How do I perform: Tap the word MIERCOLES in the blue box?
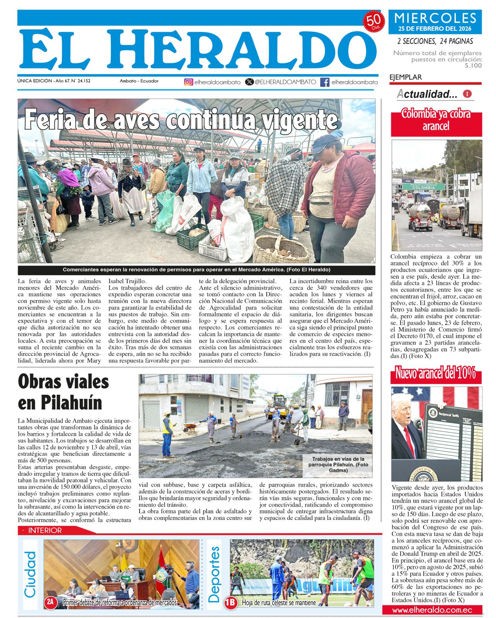click(x=435, y=18)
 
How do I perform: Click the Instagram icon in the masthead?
click(x=189, y=82)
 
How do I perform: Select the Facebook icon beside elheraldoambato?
click(x=325, y=82)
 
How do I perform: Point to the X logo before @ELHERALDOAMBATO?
click(x=250, y=82)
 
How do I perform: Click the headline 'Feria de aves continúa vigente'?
click(x=181, y=120)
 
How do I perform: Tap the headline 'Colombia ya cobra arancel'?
click(x=436, y=120)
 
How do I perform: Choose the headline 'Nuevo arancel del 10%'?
click(x=435, y=374)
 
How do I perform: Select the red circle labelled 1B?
click(x=231, y=603)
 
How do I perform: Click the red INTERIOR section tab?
click(x=45, y=531)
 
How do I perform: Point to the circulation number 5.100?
click(x=473, y=66)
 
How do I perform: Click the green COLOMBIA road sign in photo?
click(x=423, y=187)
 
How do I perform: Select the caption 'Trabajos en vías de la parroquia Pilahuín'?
click(x=338, y=465)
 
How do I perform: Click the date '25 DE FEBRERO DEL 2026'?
click(x=435, y=29)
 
